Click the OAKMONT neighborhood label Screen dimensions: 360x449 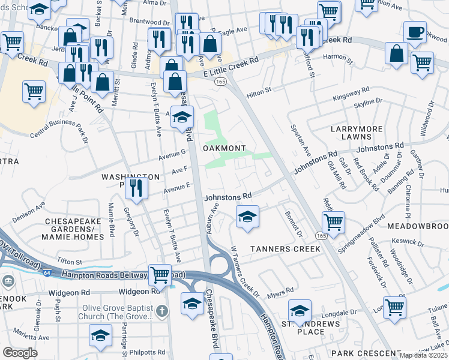click(224, 148)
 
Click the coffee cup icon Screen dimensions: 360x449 click(414, 32)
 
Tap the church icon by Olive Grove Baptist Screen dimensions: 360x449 click(161, 311)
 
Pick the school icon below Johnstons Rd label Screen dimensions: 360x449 click(247, 217)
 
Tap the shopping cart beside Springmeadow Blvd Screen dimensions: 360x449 click(333, 222)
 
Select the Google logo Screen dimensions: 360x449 click(20, 353)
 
